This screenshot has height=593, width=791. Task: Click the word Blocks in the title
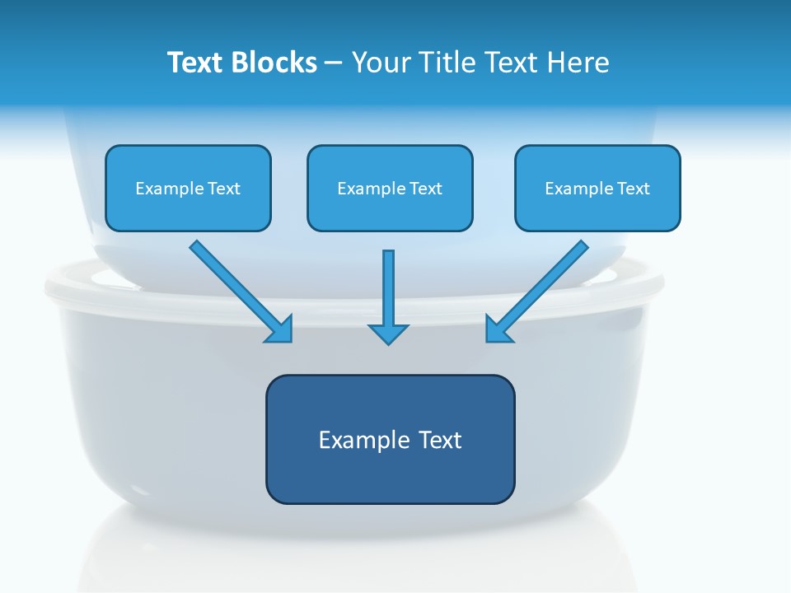coord(274,63)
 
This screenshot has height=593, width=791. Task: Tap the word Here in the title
coord(578,63)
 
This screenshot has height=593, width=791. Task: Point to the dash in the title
coord(334,63)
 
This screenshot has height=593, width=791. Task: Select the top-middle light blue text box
coord(390,210)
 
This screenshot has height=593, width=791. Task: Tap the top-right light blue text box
coord(597,210)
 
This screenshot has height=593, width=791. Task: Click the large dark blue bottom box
coord(390,474)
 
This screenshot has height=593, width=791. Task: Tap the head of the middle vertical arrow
coord(388,333)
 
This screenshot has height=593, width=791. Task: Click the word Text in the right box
coord(634,189)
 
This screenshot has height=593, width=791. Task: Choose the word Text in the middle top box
coord(426,189)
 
